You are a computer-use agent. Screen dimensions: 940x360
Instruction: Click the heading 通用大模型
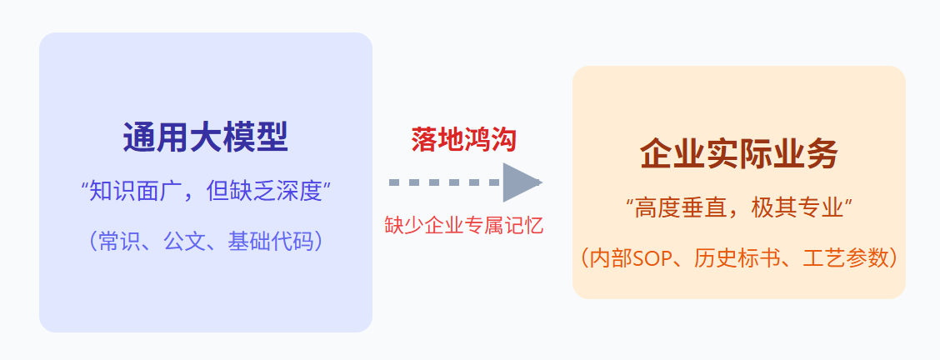(x=205, y=138)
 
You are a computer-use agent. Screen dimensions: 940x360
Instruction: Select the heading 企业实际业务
(x=738, y=155)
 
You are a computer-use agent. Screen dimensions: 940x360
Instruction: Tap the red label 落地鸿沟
(x=463, y=139)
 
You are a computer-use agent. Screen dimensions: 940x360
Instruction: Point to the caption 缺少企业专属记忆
(x=463, y=226)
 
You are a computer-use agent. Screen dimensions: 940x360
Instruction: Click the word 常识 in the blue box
(x=119, y=242)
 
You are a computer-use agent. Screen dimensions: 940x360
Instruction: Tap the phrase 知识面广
(x=129, y=191)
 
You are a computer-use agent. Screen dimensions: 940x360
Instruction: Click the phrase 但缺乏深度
(x=262, y=191)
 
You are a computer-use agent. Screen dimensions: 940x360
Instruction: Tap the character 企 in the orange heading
(x=656, y=155)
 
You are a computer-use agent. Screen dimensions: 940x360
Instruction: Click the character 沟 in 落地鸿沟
(x=503, y=139)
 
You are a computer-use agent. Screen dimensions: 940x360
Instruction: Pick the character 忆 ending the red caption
(x=533, y=226)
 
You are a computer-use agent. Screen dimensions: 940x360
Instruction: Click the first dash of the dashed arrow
(x=395, y=182)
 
